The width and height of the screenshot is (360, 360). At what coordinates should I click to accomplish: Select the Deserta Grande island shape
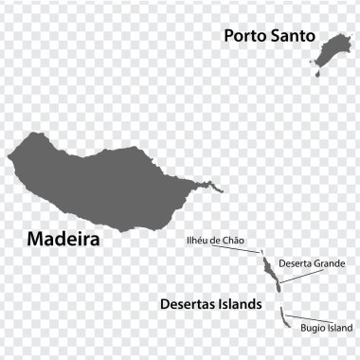tap(269, 271)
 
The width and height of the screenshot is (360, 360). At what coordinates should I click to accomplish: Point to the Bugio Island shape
tap(283, 318)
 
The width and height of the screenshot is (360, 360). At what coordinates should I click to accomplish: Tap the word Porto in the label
tap(244, 36)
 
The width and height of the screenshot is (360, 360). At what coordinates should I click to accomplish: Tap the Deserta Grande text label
tap(312, 262)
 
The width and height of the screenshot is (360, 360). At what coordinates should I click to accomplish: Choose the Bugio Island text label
tap(325, 328)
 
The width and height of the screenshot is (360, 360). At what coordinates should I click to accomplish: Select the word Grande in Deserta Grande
tap(327, 262)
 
